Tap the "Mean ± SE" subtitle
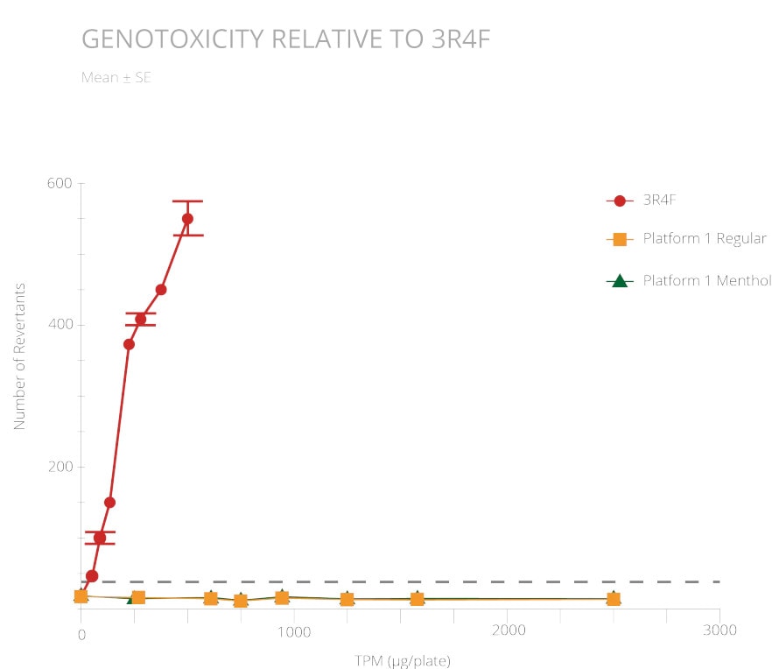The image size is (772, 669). (x=116, y=77)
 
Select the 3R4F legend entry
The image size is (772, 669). (x=660, y=201)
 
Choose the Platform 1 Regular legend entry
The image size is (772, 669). (x=704, y=239)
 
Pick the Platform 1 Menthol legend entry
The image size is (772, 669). (x=706, y=281)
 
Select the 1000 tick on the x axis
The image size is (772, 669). (x=294, y=631)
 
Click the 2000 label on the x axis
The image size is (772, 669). (x=508, y=631)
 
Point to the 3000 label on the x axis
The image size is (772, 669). (x=719, y=631)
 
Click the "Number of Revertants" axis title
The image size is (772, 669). (x=19, y=356)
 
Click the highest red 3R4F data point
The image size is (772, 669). (x=187, y=219)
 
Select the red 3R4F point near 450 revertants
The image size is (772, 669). (x=161, y=290)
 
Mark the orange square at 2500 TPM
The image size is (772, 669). (x=614, y=599)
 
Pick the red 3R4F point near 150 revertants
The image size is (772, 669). (x=109, y=503)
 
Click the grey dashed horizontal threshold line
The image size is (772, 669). (x=438, y=581)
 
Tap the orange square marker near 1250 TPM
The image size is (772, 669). (x=347, y=599)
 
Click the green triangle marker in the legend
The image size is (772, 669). (x=620, y=281)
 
